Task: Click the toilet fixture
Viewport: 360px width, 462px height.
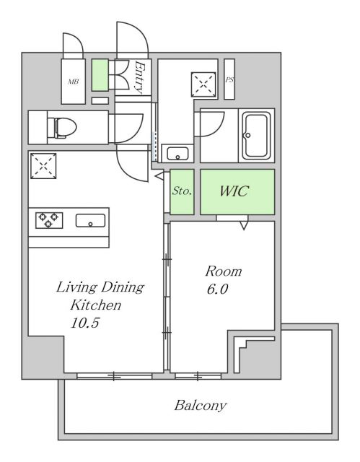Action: point(62,128)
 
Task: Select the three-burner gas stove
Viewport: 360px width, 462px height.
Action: point(49,220)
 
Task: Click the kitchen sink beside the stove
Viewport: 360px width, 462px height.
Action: point(90,221)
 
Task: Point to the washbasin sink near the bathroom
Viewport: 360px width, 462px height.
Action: point(177,153)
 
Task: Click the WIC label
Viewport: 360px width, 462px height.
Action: point(234,191)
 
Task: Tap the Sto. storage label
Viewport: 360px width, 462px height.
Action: point(182,191)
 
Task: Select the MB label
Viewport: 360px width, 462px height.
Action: point(74,82)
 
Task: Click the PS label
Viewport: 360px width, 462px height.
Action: point(229,79)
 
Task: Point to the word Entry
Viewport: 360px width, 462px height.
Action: point(141,77)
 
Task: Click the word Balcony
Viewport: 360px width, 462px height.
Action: point(200,406)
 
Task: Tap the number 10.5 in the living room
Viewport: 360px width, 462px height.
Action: point(85,323)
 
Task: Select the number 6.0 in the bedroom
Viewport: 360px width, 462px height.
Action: point(217,289)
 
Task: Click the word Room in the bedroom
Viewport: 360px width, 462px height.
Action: point(224,271)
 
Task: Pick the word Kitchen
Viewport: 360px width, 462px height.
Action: point(96,305)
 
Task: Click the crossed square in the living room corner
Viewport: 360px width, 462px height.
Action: point(43,165)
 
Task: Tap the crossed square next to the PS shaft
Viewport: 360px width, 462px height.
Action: point(203,84)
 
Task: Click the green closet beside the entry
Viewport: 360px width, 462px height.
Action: point(100,75)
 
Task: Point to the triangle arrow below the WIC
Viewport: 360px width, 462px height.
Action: point(244,226)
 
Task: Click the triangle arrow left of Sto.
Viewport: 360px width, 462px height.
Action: point(159,175)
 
